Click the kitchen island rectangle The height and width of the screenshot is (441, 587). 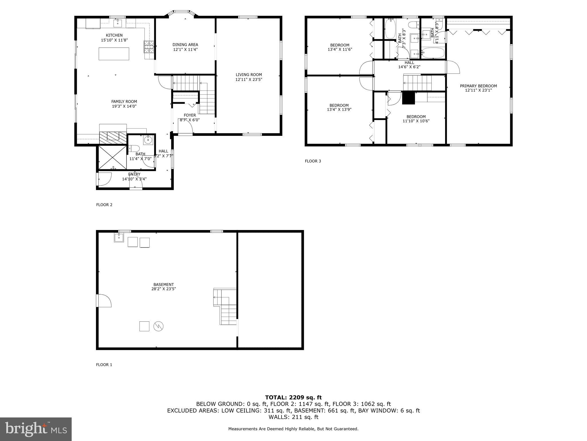[114, 54]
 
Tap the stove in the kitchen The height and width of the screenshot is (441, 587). [149, 47]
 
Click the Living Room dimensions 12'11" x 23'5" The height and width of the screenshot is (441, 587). [249, 80]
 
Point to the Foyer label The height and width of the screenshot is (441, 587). [190, 115]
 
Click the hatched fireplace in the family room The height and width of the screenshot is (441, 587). [113, 138]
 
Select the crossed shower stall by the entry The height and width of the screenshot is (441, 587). [112, 158]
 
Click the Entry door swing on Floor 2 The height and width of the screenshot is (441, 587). [104, 179]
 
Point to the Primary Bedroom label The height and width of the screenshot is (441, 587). [478, 86]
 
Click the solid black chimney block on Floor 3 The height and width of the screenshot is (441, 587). [408, 98]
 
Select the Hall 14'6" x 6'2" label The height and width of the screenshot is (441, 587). [409, 65]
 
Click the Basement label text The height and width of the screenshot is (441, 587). [163, 285]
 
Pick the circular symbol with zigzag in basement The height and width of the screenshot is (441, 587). [159, 326]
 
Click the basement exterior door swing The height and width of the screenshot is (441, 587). [104, 301]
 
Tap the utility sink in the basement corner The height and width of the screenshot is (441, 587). [119, 237]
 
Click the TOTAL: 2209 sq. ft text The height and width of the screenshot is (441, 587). [293, 397]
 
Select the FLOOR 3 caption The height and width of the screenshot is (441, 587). [313, 161]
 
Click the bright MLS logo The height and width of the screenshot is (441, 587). [36, 429]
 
